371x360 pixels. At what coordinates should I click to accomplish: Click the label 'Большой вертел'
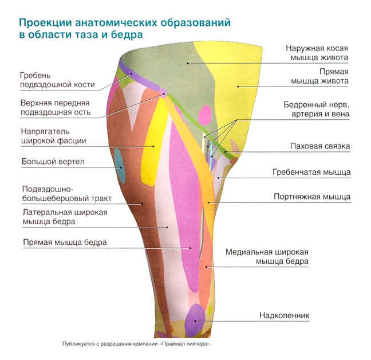pos(53,162)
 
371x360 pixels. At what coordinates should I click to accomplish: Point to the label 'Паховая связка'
pos(319,146)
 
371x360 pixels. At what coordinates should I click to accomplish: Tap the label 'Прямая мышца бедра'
pos(64,242)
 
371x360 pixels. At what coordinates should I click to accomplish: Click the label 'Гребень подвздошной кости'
pos(57,80)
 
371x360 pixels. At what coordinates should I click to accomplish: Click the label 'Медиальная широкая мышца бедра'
pos(267,257)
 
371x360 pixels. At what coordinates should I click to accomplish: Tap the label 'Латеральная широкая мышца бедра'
pos(64,216)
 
